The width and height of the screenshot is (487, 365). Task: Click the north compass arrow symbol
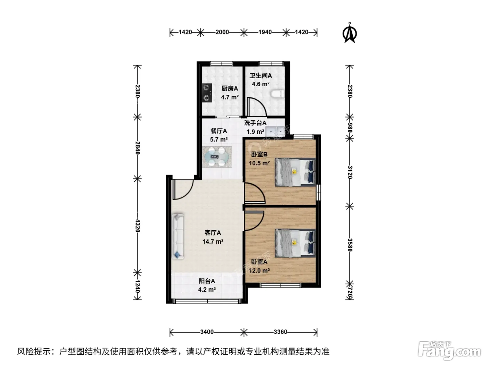click(x=350, y=33)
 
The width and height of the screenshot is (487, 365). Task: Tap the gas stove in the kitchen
click(x=207, y=93)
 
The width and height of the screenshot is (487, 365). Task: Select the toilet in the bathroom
click(x=278, y=94)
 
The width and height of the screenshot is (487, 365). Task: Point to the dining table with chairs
click(x=217, y=157)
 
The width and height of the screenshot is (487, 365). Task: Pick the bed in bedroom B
click(x=295, y=172)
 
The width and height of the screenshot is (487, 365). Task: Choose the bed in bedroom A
click(x=295, y=243)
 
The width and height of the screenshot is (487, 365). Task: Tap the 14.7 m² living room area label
click(x=213, y=241)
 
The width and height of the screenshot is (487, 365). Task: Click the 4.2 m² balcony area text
click(x=207, y=290)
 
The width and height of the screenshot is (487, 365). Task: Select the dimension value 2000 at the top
click(x=222, y=32)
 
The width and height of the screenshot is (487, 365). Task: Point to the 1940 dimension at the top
click(x=265, y=32)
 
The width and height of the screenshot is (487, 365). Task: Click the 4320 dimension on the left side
click(x=137, y=226)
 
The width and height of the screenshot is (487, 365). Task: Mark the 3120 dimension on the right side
click(x=350, y=172)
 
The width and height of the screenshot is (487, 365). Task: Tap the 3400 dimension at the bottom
click(x=207, y=332)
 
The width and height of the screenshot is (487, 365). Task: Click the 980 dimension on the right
click(x=350, y=128)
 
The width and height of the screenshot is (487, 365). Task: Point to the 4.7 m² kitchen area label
click(x=230, y=97)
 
